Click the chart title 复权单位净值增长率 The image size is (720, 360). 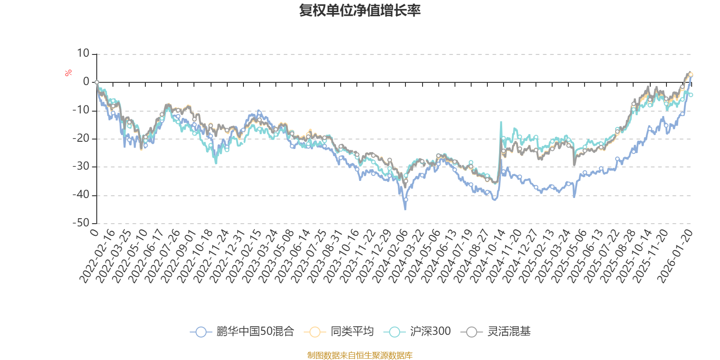360,10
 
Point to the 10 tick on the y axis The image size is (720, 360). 83,54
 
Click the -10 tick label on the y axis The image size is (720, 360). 81,110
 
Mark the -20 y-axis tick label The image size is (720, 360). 81,138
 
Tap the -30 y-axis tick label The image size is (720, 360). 81,166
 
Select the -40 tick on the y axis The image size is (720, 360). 81,195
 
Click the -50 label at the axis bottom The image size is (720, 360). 81,223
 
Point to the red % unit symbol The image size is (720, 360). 68,73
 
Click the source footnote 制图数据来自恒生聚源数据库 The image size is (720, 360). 360,355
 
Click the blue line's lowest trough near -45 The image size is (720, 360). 405,209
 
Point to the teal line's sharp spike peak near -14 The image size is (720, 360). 501,121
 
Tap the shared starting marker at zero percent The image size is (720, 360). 97,82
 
